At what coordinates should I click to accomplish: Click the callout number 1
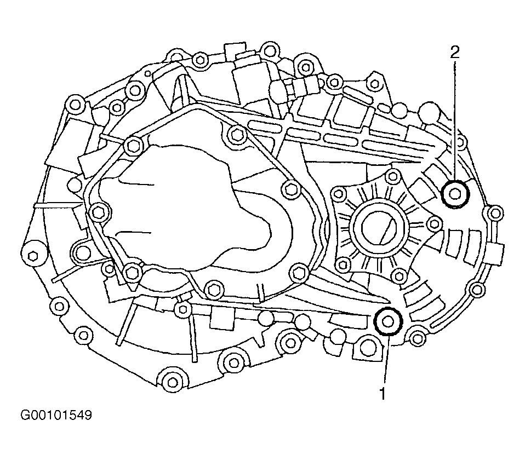click(x=383, y=394)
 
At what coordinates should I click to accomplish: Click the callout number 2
click(x=455, y=53)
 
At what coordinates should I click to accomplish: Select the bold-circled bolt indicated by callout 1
click(x=388, y=321)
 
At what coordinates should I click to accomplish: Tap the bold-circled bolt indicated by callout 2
click(x=455, y=194)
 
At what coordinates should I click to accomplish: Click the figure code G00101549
click(x=56, y=416)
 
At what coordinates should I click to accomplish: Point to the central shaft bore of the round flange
click(x=380, y=227)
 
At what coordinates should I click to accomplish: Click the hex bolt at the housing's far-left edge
click(x=33, y=255)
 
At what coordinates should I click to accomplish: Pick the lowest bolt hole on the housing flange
click(x=173, y=382)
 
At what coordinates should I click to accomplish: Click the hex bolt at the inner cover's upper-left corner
click(x=134, y=146)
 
